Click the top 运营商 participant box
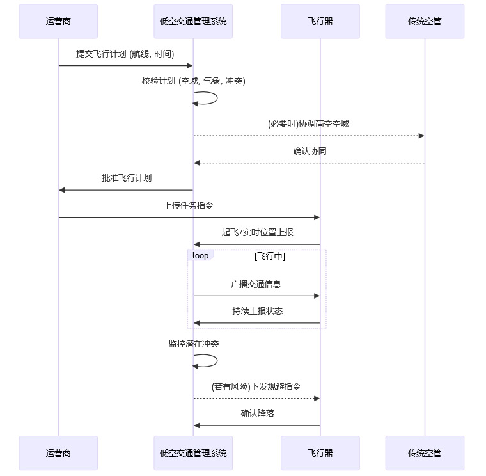pos(58,21)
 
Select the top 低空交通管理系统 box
pos(193,21)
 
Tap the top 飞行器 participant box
pos(320,21)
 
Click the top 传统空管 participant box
pos(425,21)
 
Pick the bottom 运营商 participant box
pos(58,453)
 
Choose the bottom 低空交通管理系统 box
pos(193,453)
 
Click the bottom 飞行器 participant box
pos(320,453)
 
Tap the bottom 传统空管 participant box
pos(425,453)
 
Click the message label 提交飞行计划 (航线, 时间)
pos(125,54)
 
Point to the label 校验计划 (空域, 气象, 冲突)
pos(194,81)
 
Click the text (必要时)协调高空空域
pos(309,123)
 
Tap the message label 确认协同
pos(310,152)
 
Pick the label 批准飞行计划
pos(127,178)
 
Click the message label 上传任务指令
pos(189,206)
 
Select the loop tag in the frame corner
pos(201,255)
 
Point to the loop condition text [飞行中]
pos(269,256)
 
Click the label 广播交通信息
pos(256,284)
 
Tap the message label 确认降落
pos(258,413)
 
